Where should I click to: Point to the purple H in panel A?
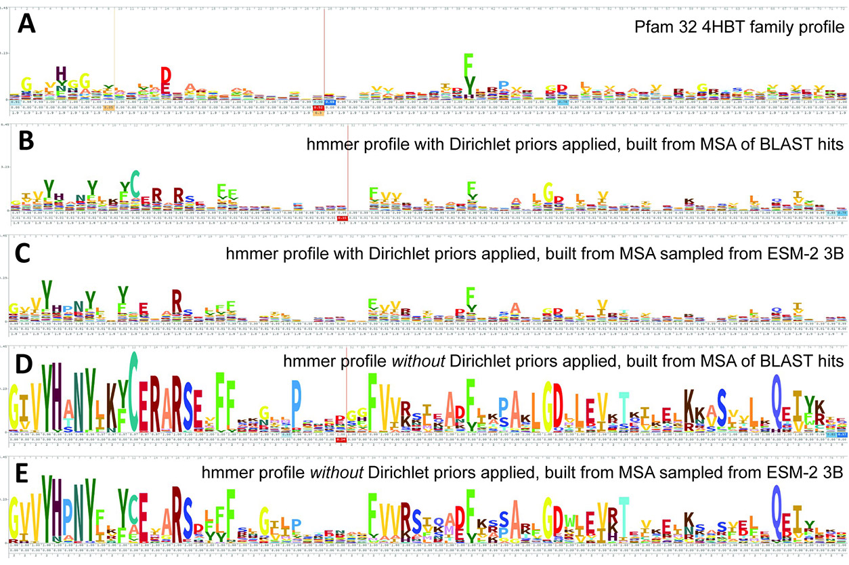pyautogui.click(x=61, y=73)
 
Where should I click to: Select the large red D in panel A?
pyautogui.click(x=165, y=77)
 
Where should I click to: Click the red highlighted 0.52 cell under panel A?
pyautogui.click(x=319, y=107)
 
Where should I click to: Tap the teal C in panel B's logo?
pyautogui.click(x=135, y=181)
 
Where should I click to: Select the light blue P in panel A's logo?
pyautogui.click(x=503, y=85)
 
